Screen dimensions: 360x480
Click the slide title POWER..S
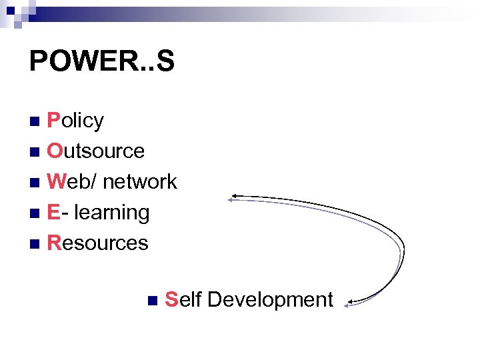coord(101,61)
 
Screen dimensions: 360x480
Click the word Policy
coord(76,121)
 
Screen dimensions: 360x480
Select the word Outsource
coord(96,151)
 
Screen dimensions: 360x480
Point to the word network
coord(140,181)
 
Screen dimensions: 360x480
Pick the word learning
coord(112,212)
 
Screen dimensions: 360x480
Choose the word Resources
coord(98,243)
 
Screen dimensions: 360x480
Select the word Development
coord(270,300)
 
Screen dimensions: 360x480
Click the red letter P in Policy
coord(53,121)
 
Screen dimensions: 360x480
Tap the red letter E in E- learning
coord(53,212)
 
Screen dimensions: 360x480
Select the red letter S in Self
coord(171,300)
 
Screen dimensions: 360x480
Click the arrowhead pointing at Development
coord(349,305)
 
